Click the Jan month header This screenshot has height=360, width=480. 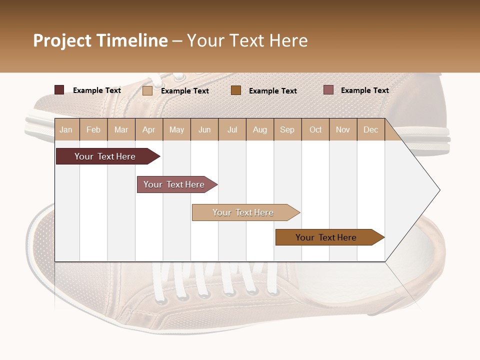66,129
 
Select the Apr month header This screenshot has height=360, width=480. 148,129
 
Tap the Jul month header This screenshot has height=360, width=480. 232,129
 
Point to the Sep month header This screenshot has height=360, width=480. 287,129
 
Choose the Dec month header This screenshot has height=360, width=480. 370,129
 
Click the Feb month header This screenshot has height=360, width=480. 93,129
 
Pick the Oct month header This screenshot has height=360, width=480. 315,129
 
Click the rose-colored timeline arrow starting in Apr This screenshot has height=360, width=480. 175,184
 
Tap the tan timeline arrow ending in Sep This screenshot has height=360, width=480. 244,212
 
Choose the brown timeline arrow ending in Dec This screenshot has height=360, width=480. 327,237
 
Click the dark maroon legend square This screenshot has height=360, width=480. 59,90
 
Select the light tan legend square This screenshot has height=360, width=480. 147,90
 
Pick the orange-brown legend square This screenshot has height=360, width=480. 236,90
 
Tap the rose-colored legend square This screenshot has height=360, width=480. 328,90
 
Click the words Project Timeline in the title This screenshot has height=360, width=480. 100,40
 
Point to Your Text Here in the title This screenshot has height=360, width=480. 247,40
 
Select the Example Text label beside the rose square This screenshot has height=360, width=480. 364,90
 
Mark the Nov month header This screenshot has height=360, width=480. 342,129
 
